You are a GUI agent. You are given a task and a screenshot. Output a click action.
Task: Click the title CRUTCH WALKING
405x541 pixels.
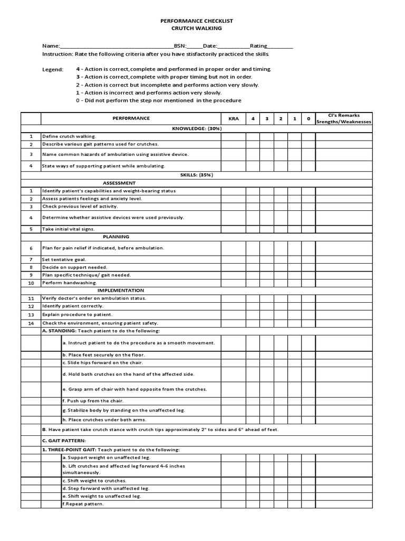(x=197, y=28)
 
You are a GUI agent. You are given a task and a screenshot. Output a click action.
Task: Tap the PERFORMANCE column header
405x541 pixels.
(x=130, y=118)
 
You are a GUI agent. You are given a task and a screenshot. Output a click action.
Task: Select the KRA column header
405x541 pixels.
(x=233, y=119)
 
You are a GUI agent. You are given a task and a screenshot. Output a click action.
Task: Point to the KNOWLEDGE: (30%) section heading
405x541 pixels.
(x=196, y=128)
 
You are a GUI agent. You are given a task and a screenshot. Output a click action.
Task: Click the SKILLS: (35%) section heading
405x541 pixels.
(x=196, y=175)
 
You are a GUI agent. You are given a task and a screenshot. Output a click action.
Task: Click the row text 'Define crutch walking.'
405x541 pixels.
(x=69, y=136)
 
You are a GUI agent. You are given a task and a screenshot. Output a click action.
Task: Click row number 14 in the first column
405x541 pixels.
(x=31, y=323)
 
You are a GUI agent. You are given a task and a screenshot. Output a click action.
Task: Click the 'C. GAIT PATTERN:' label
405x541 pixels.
(x=64, y=440)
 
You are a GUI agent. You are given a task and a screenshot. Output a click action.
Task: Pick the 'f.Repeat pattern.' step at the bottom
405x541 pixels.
(x=83, y=504)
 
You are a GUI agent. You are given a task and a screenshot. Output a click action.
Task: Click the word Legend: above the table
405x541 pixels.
(x=53, y=70)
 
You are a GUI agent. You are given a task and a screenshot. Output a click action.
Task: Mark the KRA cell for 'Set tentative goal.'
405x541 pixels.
(x=233, y=259)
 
